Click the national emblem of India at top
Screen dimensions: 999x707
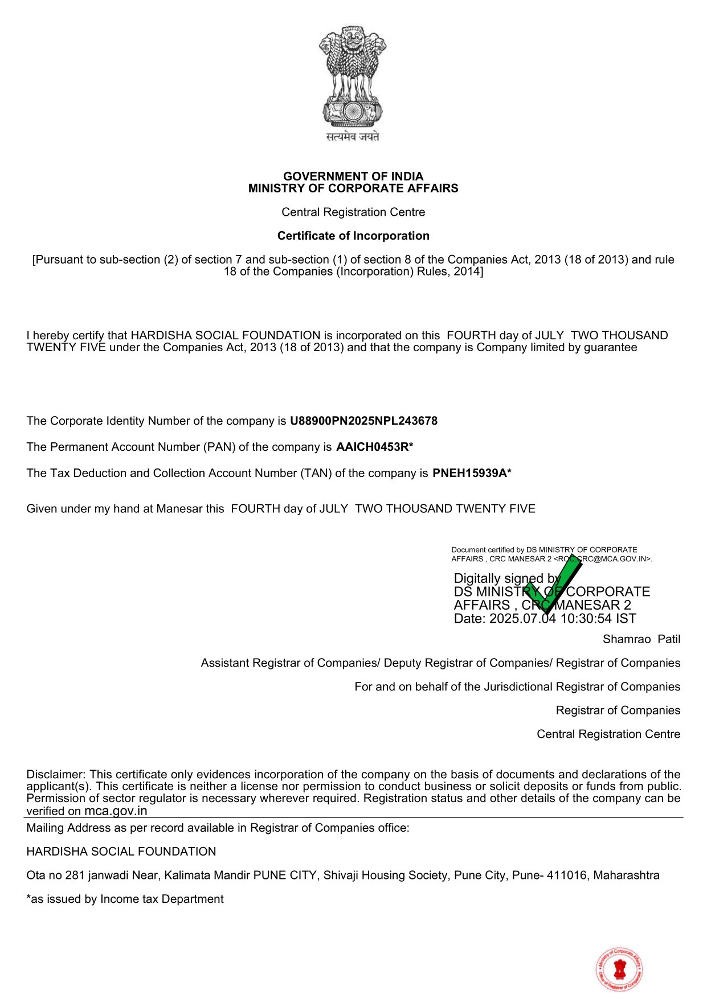353,76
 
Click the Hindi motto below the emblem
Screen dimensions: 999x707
353,137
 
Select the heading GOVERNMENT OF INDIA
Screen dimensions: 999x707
353,176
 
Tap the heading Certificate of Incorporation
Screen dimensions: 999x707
353,236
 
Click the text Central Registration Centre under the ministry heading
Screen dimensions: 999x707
353,212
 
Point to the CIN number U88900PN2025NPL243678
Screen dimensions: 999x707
363,421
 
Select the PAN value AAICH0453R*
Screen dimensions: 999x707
374,447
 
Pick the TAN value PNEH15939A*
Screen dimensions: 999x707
472,474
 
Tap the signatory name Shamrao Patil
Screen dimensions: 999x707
641,639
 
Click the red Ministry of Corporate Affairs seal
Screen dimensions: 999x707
620,969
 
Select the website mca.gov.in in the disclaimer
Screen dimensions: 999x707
116,811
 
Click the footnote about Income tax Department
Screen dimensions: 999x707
125,899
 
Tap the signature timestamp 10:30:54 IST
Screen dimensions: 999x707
598,619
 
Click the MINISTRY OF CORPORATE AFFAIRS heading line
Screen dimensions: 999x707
353,188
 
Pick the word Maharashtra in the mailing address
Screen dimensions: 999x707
626,875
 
